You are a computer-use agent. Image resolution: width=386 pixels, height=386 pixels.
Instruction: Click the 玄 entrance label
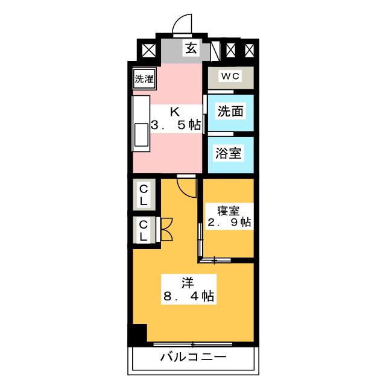coord(191,48)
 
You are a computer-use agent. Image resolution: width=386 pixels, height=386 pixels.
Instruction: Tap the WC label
coord(230,77)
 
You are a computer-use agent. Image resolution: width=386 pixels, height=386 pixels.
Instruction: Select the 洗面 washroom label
coord(230,112)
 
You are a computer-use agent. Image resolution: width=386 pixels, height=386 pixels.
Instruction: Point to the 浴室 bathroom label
coord(228,153)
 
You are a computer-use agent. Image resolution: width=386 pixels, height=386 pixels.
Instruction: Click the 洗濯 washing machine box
coord(144,79)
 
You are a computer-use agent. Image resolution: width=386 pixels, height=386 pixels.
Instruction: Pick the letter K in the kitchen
coord(175,112)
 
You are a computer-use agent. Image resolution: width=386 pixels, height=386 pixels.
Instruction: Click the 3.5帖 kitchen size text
coord(176,125)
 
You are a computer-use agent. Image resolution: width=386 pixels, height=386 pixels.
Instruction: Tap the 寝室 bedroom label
coord(228,211)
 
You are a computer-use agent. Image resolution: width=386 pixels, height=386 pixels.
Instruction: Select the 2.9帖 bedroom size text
coord(229,223)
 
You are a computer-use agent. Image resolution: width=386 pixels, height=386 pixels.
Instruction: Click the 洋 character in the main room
coord(188,283)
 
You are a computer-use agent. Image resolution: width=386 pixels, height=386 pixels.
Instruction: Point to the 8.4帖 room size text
coord(189,296)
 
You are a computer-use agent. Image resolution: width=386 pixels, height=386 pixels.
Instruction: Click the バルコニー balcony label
coord(193,357)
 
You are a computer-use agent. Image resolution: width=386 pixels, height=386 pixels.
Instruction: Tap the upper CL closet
coord(144,195)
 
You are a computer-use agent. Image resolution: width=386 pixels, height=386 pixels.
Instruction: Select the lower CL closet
coord(144,230)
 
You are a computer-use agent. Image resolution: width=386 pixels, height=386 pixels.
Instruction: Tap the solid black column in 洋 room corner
coord(140,333)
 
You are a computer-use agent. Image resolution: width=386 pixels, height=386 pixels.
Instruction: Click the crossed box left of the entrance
coord(149,50)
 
